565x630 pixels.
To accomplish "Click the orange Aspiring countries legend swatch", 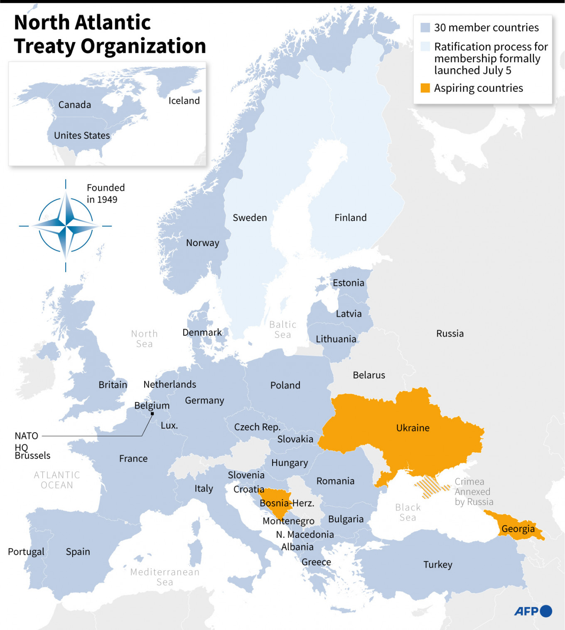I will (x=425, y=88).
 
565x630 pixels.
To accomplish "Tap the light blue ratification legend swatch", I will (x=425, y=46).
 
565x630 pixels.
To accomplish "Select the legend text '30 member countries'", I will (x=486, y=27).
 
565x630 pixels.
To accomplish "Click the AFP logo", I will (x=533, y=611).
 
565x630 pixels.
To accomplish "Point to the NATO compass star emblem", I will (x=66, y=226).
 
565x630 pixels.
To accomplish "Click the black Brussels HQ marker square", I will (x=152, y=413).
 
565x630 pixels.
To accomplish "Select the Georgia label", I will (x=518, y=529).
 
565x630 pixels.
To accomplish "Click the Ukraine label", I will (x=413, y=428).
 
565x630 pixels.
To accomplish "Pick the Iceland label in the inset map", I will (x=184, y=101).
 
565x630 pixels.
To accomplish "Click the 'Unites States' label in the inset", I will (x=82, y=135).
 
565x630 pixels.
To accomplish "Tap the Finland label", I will (x=350, y=217).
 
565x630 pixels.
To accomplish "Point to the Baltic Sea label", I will (x=282, y=330).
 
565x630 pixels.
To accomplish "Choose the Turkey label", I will (x=437, y=564).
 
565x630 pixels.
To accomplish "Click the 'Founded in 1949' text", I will (x=106, y=193).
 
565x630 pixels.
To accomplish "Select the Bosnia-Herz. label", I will (x=287, y=503).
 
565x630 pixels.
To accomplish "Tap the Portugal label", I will (x=26, y=551).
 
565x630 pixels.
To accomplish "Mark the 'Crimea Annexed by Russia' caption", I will (x=474, y=492).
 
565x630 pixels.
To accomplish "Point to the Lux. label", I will (x=169, y=426).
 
